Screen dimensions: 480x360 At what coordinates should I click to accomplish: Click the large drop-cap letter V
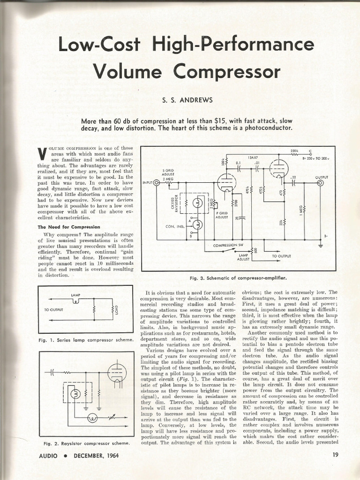(x=40, y=153)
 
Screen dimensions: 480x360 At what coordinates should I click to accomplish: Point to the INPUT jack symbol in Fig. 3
(x=157, y=183)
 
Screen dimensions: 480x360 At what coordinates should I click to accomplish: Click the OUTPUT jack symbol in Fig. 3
(x=320, y=183)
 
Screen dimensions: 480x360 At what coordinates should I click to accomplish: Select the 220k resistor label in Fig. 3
(x=294, y=151)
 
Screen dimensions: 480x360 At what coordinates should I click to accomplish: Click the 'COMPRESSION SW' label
(x=228, y=245)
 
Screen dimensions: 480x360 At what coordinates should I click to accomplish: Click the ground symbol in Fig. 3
(x=321, y=244)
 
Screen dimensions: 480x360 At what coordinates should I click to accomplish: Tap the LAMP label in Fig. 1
(x=75, y=294)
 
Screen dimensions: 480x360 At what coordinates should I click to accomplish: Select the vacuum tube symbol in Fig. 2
(x=117, y=373)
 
